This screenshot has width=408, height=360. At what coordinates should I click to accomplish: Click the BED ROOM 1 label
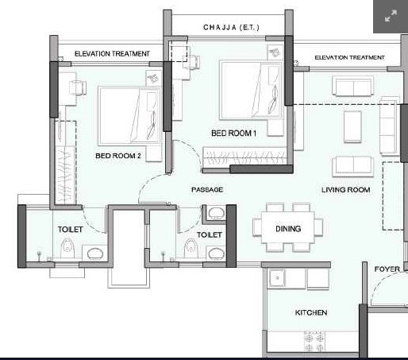(x=233, y=133)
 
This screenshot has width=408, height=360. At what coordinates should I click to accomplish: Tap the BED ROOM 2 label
(x=118, y=156)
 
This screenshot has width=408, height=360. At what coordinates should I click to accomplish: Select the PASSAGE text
(x=207, y=190)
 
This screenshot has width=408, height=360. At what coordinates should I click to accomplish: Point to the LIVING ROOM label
(x=345, y=190)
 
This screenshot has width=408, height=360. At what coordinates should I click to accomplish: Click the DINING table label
(x=288, y=229)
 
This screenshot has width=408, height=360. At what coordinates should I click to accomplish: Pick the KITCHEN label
(x=311, y=312)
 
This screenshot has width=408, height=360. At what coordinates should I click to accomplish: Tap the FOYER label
(x=387, y=269)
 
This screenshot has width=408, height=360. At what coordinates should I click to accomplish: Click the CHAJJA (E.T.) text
(x=231, y=27)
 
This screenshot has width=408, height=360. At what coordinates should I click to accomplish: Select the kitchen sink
(x=277, y=278)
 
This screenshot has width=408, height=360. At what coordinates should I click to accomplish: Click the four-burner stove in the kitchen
(x=314, y=341)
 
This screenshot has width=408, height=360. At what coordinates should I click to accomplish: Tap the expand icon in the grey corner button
(x=391, y=16)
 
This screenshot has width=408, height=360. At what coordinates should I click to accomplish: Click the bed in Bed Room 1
(x=251, y=91)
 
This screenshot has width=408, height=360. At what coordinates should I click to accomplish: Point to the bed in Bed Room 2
(x=129, y=116)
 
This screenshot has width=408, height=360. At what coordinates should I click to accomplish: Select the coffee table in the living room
(x=352, y=127)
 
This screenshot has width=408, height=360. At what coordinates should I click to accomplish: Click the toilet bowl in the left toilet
(x=67, y=248)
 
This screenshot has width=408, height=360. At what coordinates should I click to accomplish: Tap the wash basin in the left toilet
(x=94, y=254)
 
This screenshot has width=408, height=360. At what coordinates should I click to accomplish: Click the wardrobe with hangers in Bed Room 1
(x=245, y=157)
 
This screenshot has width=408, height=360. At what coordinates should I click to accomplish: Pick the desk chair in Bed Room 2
(x=78, y=87)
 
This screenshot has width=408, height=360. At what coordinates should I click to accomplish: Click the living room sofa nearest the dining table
(x=352, y=166)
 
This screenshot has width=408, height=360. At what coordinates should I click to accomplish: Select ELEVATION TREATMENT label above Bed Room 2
(x=112, y=54)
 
